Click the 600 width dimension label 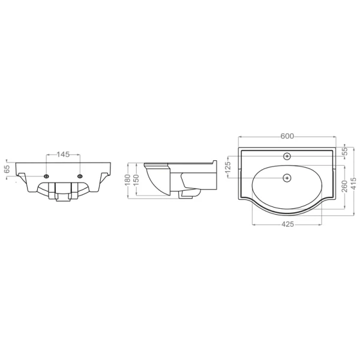point(287,136)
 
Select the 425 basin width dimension point(287,224)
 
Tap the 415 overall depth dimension point(354,183)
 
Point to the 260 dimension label point(344,187)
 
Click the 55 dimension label point(345,151)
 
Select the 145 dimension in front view point(63,154)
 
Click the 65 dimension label point(7,169)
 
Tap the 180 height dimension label point(127,180)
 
